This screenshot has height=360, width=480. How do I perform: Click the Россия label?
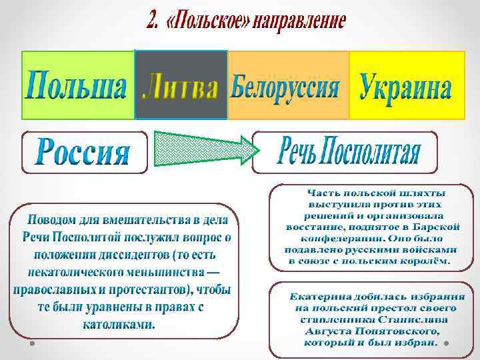pos(83,151)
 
